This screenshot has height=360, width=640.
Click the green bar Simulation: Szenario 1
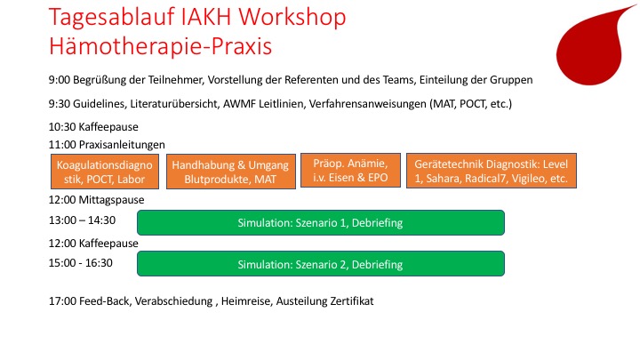pyautogui.click(x=320, y=222)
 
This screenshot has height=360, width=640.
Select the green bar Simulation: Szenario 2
pyautogui.click(x=320, y=264)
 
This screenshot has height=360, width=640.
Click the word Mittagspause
pyautogui.click(x=111, y=201)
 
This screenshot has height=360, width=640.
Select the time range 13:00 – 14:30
pyautogui.click(x=81, y=220)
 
